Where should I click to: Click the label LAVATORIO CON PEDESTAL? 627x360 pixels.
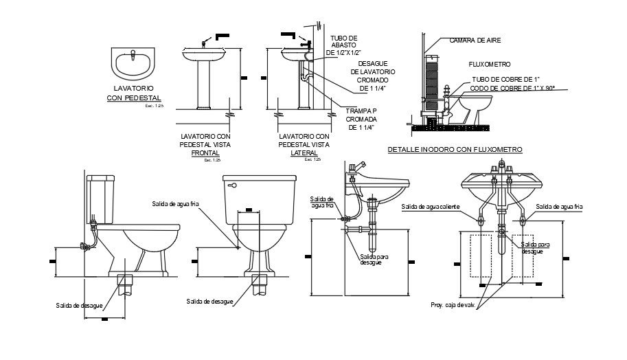(133, 93)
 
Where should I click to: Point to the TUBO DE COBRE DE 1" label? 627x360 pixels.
(505, 80)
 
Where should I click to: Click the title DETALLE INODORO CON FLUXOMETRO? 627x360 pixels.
(455, 149)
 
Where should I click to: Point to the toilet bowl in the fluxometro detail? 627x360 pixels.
(475, 106)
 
